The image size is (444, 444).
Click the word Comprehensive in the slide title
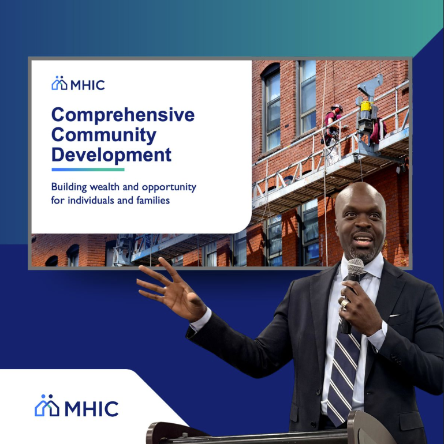coord(123,115)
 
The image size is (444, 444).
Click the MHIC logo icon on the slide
coord(59,84)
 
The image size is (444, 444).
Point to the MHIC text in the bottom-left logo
coord(91,408)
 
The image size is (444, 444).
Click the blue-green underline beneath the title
coord(88,170)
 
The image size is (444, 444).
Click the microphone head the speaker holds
coord(355,269)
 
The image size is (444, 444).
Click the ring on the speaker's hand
coord(345,303)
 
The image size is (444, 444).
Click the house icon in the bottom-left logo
coord(47,406)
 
